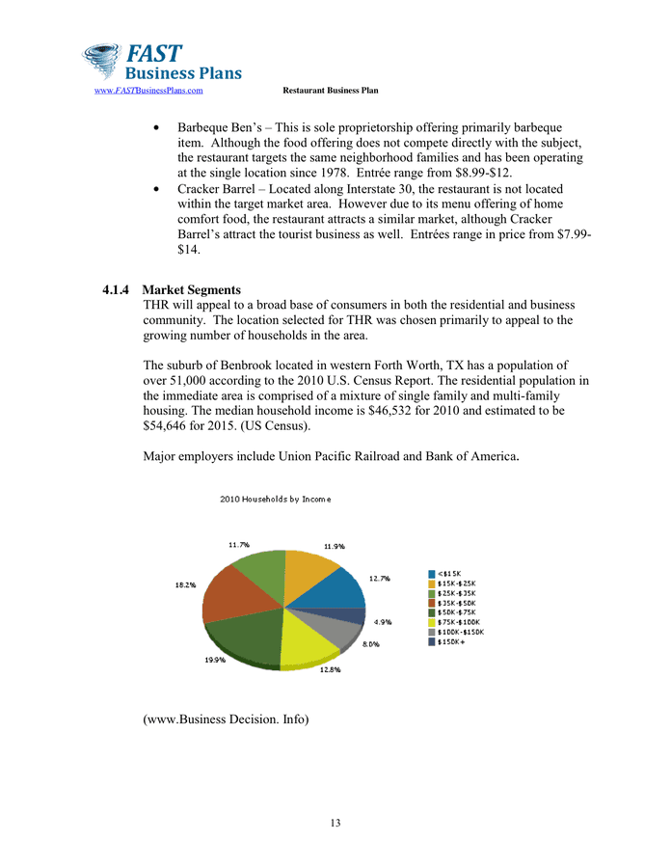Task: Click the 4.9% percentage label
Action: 382,622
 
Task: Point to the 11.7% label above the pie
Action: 239,544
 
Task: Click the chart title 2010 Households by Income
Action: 275,499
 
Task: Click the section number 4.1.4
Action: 117,290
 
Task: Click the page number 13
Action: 335,823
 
